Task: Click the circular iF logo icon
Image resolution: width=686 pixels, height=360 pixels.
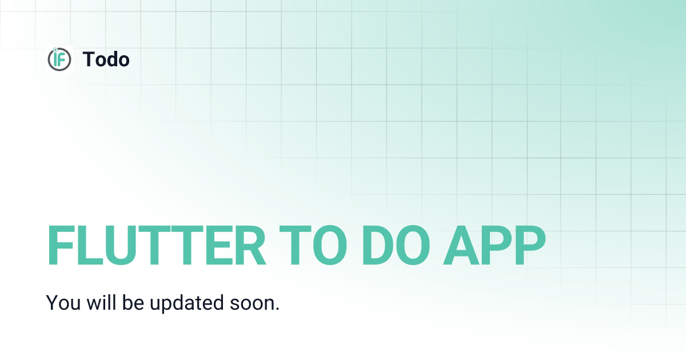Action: (x=59, y=59)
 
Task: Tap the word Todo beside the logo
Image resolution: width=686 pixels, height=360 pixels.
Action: (x=106, y=59)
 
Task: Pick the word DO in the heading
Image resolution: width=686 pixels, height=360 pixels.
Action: (x=395, y=246)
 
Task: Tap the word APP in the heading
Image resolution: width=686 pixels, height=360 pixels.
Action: (x=494, y=246)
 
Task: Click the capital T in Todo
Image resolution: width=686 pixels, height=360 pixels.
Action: (x=89, y=59)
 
